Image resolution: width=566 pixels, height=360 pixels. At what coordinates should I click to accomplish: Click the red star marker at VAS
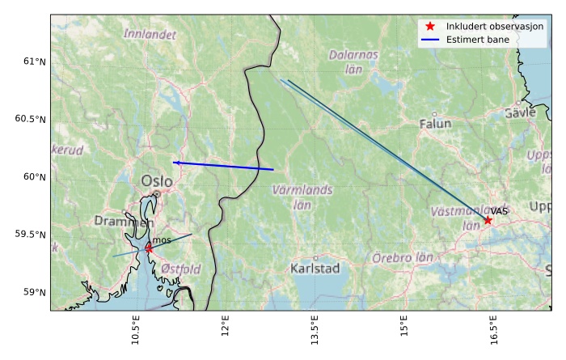[488, 220]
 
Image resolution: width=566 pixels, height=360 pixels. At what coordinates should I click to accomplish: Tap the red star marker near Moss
[149, 248]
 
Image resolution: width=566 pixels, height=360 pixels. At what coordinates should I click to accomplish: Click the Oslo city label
[157, 181]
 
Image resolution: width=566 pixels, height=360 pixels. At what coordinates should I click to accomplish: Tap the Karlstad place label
[315, 269]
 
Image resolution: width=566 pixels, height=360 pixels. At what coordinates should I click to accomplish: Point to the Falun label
[435, 124]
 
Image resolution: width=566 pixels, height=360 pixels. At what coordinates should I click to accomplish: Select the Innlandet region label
[150, 35]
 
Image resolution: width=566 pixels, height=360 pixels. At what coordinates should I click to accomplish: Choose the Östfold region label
[180, 269]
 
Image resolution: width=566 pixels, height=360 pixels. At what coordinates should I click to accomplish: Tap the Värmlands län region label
[302, 196]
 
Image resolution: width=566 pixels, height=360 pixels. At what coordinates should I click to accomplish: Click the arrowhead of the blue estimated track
[175, 163]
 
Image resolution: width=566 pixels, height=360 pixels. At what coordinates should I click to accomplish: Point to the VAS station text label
[499, 211]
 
